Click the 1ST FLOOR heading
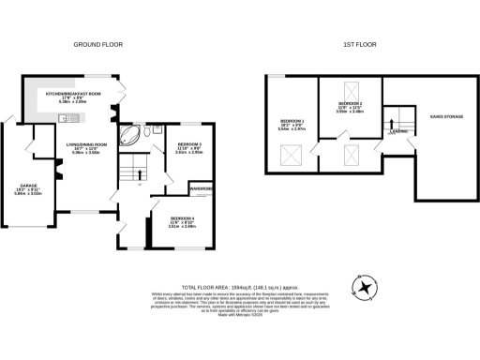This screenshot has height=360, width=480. click(x=361, y=44)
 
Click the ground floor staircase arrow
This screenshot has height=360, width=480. click(x=134, y=172)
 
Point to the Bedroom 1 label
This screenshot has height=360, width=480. click(x=292, y=123)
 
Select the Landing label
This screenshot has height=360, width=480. click(x=398, y=132)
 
